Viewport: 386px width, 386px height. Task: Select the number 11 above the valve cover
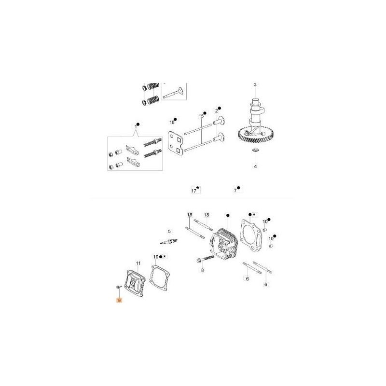[138, 263]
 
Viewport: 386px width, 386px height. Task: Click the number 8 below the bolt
[203, 271]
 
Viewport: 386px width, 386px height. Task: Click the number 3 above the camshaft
[255, 85]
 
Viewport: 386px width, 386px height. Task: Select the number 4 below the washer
[255, 166]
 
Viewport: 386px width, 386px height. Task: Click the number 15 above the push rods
[199, 116]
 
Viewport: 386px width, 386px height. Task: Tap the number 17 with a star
[193, 191]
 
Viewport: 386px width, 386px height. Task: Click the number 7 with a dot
[235, 191]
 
